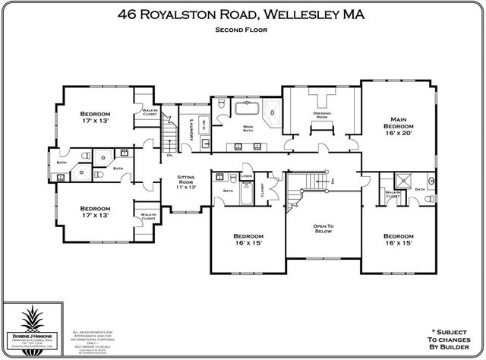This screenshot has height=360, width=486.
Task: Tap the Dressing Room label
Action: (x=320, y=115)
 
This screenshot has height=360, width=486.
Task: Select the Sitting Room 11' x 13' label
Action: (x=186, y=182)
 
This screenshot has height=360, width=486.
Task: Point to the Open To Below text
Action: (x=323, y=229)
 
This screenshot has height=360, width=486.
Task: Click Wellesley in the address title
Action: (x=313, y=14)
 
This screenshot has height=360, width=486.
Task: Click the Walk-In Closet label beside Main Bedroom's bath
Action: (x=392, y=194)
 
